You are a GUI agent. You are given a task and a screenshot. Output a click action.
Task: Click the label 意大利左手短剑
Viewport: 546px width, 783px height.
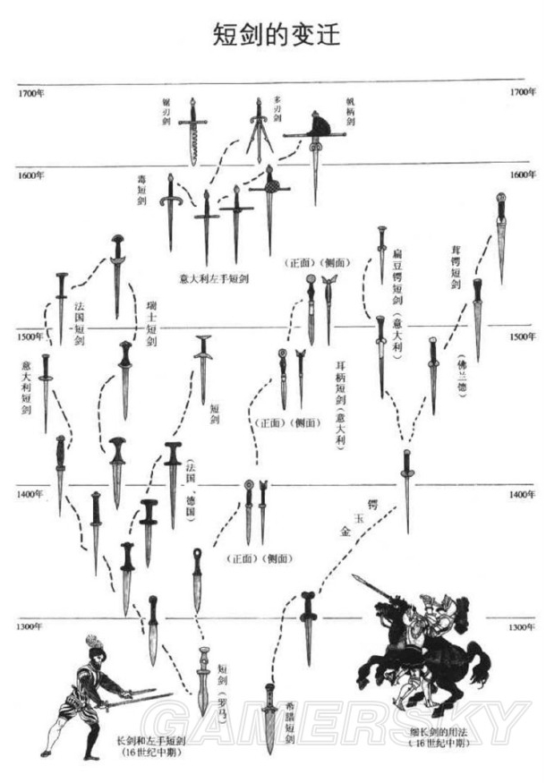click(x=214, y=278)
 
